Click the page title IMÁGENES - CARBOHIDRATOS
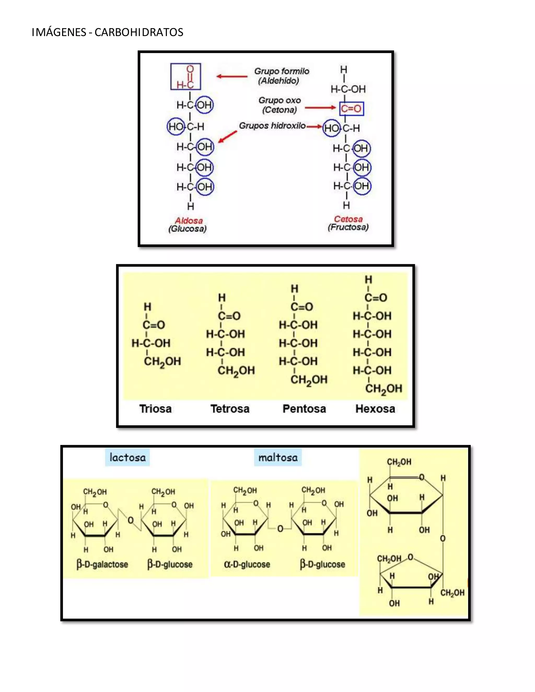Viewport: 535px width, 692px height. click(x=107, y=32)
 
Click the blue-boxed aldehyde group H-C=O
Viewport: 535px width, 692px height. click(x=185, y=76)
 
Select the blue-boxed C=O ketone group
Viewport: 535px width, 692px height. click(x=351, y=109)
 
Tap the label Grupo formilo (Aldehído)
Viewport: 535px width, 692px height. click(x=281, y=76)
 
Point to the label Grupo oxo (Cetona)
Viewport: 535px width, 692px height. click(x=279, y=105)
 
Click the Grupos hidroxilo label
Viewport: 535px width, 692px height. click(x=272, y=126)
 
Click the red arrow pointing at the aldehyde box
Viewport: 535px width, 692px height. click(x=232, y=76)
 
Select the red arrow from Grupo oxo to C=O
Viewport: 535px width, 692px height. click(x=320, y=108)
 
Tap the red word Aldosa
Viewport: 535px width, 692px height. click(x=189, y=221)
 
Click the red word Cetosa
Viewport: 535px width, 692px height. click(x=348, y=219)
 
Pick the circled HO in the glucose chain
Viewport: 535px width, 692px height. click(x=176, y=127)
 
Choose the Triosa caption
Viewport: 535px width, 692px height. click(x=155, y=409)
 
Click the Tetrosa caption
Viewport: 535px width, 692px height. click(x=230, y=409)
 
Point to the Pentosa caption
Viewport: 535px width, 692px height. click(x=304, y=409)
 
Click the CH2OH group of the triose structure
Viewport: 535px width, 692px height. click(x=162, y=361)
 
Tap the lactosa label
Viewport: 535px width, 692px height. click(x=127, y=457)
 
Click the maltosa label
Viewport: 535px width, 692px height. click(x=278, y=457)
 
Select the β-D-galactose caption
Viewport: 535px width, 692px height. click(x=102, y=564)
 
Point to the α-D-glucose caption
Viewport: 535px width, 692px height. click(x=247, y=564)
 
